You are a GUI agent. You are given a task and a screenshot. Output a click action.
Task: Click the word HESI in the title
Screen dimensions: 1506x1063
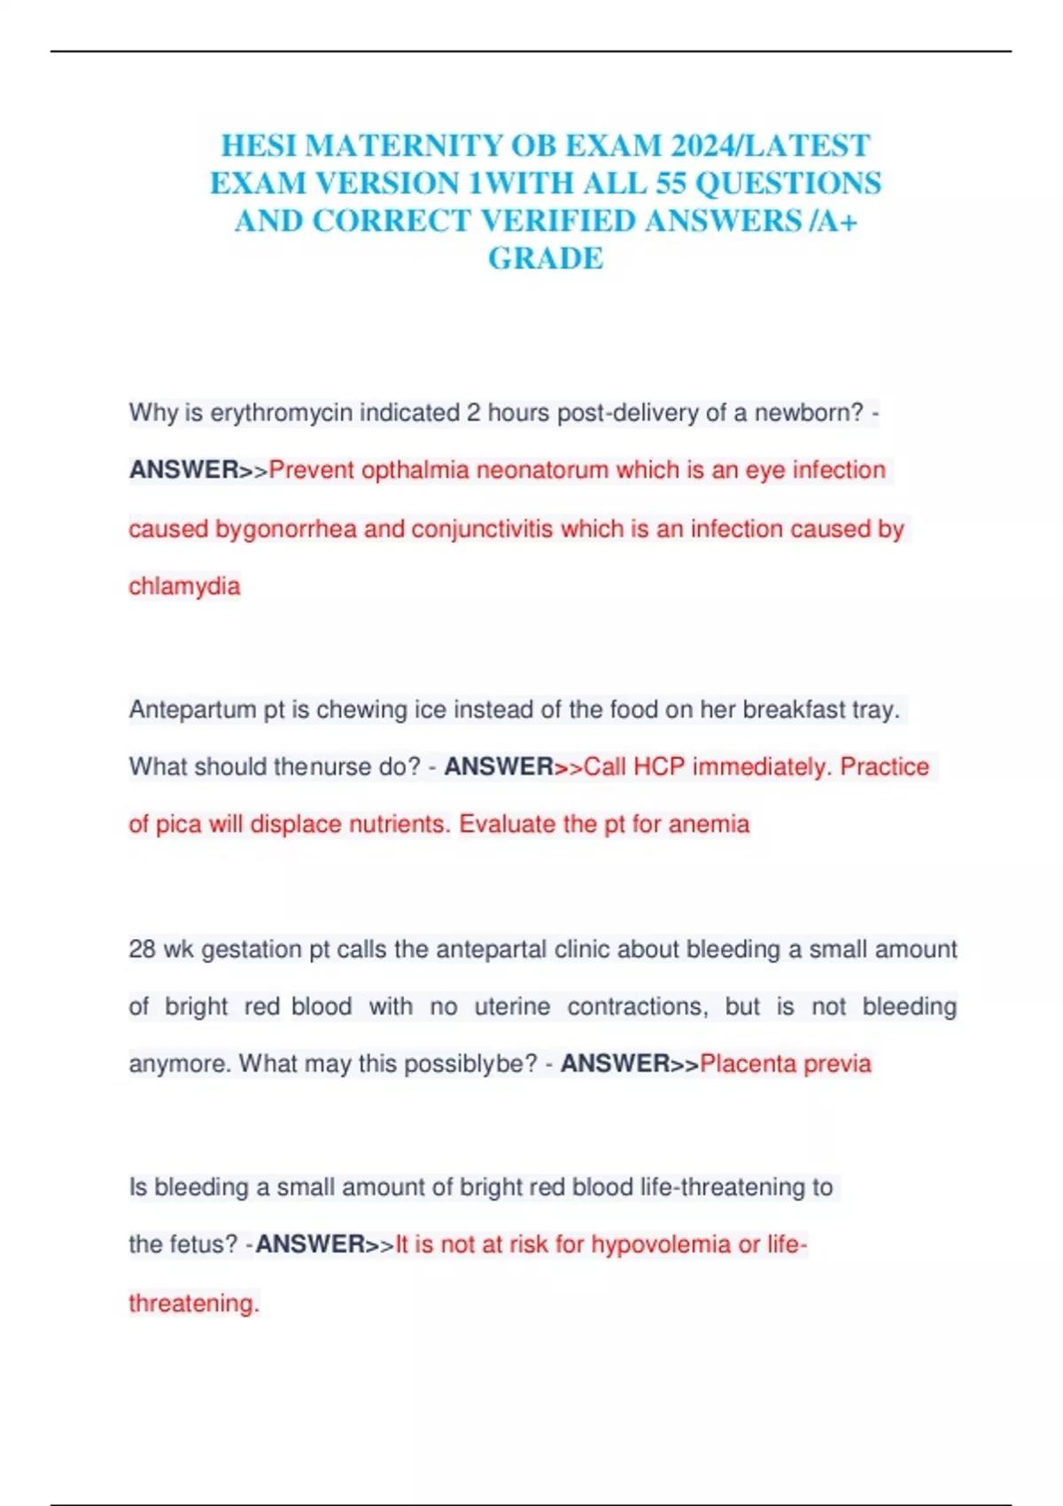[258, 145]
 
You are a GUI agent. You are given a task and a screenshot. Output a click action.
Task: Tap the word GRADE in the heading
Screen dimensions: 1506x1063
[546, 259]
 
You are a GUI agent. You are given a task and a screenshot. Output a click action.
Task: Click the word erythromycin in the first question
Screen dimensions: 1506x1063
[281, 413]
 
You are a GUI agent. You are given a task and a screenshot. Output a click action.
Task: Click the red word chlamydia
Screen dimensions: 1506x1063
[184, 586]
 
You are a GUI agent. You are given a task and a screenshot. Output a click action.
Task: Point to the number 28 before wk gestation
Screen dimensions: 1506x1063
[142, 950]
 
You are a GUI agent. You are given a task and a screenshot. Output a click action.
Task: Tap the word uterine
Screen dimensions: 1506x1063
[512, 1007]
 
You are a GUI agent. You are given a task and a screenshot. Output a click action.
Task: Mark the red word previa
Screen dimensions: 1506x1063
[838, 1064]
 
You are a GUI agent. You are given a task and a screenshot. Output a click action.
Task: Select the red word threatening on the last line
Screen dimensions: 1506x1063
[193, 1303]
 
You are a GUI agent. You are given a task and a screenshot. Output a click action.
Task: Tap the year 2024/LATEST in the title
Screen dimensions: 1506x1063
[771, 145]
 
